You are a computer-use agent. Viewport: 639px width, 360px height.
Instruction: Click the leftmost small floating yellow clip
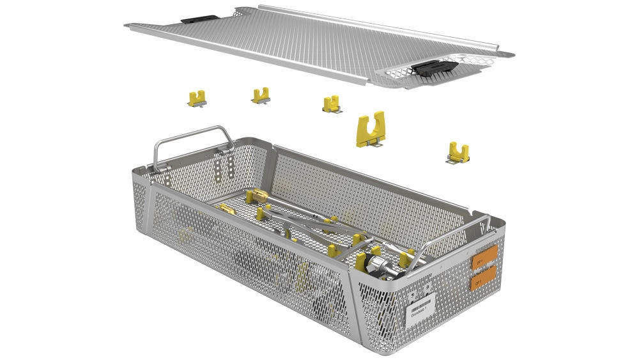[x=197, y=98]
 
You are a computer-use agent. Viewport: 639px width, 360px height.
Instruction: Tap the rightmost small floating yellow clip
[x=458, y=153]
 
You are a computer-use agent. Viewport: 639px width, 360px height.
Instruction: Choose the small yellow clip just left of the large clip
[x=331, y=104]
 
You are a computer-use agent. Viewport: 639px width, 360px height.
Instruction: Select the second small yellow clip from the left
[x=260, y=96]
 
